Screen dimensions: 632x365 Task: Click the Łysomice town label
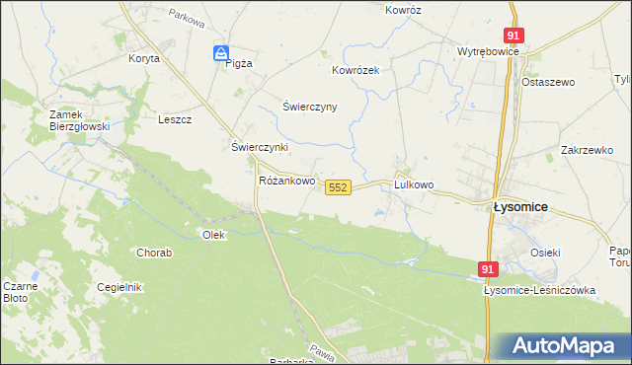coord(520,208)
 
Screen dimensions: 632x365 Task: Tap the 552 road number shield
coord(338,186)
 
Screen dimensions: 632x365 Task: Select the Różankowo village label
coord(286,182)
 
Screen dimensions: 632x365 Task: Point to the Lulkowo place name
coord(414,184)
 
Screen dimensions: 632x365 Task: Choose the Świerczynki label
coord(259,147)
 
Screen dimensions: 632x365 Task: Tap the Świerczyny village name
coord(310,107)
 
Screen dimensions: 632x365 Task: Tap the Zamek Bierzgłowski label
coord(79,120)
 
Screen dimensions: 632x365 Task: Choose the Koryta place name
coord(143,59)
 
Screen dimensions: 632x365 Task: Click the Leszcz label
coord(174,119)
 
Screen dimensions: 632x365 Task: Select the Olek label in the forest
coord(213,235)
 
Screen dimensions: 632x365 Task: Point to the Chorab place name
coord(154,254)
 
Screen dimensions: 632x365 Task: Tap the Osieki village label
coord(545,253)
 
